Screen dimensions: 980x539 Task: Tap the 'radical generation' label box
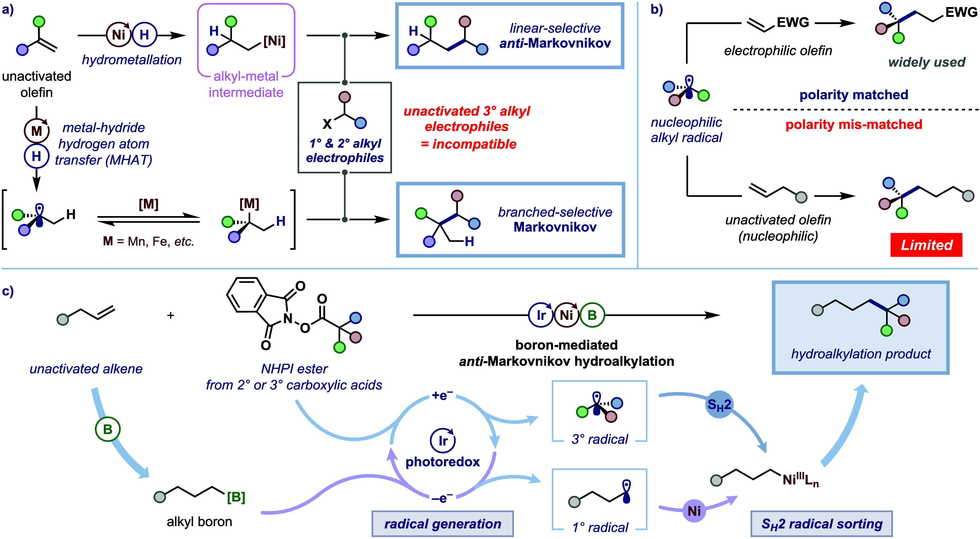pyautogui.click(x=443, y=524)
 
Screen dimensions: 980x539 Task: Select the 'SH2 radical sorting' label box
pyautogui.click(x=822, y=524)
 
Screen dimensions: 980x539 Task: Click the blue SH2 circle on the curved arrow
pyautogui.click(x=719, y=405)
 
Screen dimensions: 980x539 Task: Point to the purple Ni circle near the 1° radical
pyautogui.click(x=694, y=510)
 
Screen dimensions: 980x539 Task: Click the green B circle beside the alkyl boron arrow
pyautogui.click(x=108, y=429)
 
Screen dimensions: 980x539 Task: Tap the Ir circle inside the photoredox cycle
pyautogui.click(x=443, y=440)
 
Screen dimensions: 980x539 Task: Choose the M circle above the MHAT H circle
pyautogui.click(x=37, y=131)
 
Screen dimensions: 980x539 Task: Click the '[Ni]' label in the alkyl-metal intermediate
pyautogui.click(x=274, y=41)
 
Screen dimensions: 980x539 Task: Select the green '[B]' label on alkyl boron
pyautogui.click(x=236, y=497)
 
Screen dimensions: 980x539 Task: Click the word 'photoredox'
pyautogui.click(x=443, y=462)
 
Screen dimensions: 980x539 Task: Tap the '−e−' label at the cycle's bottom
pyautogui.click(x=442, y=498)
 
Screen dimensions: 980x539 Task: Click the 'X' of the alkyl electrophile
pyautogui.click(x=327, y=124)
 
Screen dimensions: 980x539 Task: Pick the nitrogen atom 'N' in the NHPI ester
pyautogui.click(x=288, y=318)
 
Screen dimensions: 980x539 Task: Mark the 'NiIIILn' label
pyautogui.click(x=801, y=480)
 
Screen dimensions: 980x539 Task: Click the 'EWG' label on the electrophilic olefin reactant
pyautogui.click(x=793, y=22)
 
